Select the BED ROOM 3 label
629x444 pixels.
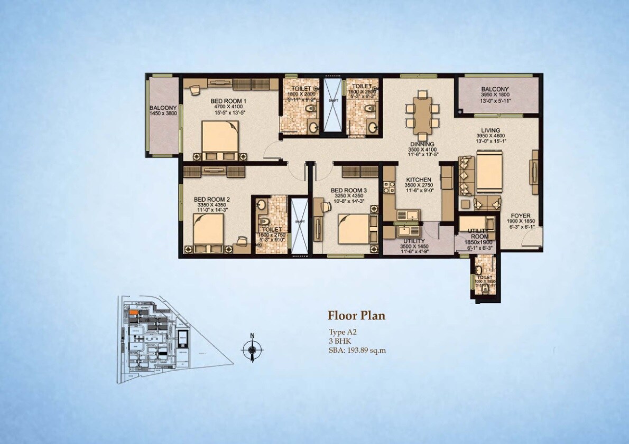(348, 190)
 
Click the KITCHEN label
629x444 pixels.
(419, 180)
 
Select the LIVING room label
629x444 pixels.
(490, 130)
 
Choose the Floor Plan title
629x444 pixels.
(356, 316)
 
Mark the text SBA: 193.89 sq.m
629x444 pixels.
(357, 350)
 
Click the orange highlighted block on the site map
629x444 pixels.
(134, 313)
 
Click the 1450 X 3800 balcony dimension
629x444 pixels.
(163, 113)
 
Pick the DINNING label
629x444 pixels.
(421, 144)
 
